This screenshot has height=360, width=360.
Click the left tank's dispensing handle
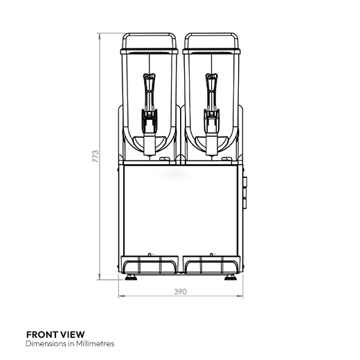pyautogui.click(x=149, y=97)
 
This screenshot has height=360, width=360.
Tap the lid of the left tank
pyautogui.click(x=149, y=42)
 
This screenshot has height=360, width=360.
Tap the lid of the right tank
pyautogui.click(x=210, y=42)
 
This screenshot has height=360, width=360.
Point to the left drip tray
pyautogui.click(x=150, y=264)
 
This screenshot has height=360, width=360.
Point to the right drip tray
pyautogui.click(x=210, y=264)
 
